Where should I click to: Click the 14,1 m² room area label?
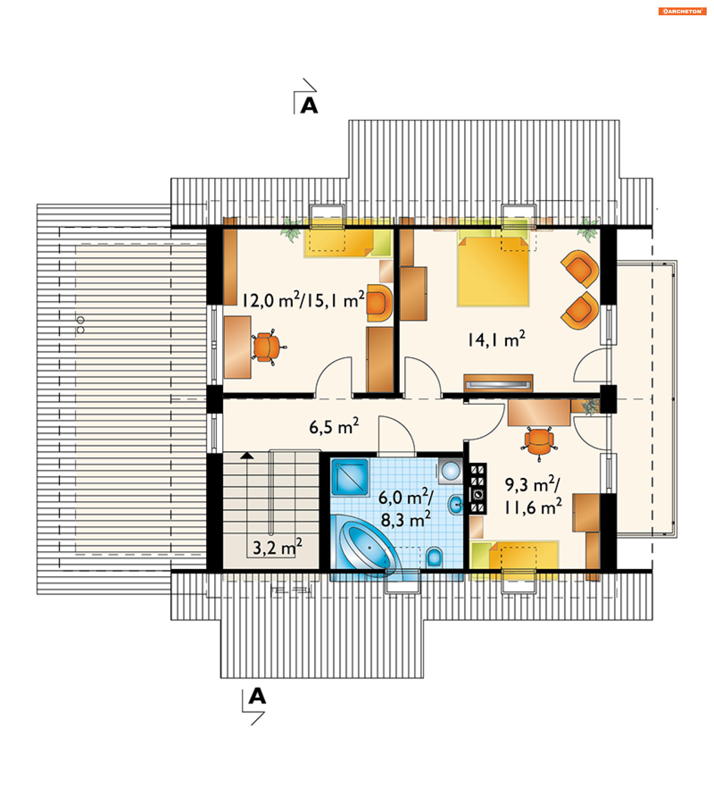[x=496, y=339]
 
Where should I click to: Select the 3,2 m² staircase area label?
[x=277, y=547]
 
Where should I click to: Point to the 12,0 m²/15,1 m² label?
[x=303, y=300]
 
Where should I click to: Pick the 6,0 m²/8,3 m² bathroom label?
[x=406, y=508]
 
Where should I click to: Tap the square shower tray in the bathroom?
[x=350, y=477]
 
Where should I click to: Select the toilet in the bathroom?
[x=434, y=556]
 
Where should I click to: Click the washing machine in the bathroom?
[x=450, y=471]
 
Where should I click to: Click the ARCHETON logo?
[x=682, y=12]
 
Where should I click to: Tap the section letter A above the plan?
[x=309, y=105]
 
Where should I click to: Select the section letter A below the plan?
[x=257, y=696]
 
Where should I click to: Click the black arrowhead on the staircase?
[x=247, y=456]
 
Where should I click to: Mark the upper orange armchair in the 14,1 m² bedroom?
[x=580, y=269]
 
